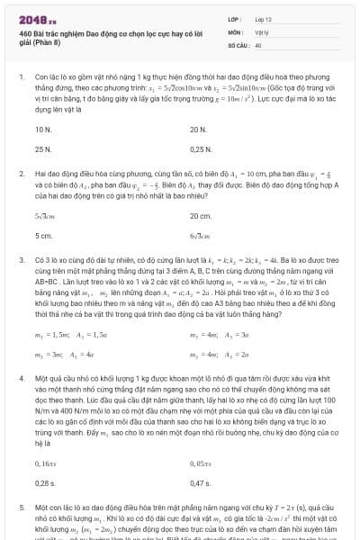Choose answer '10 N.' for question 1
click(42, 130)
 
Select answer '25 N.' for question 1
click(42, 149)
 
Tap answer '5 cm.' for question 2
click(42, 236)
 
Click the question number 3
click(21, 257)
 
